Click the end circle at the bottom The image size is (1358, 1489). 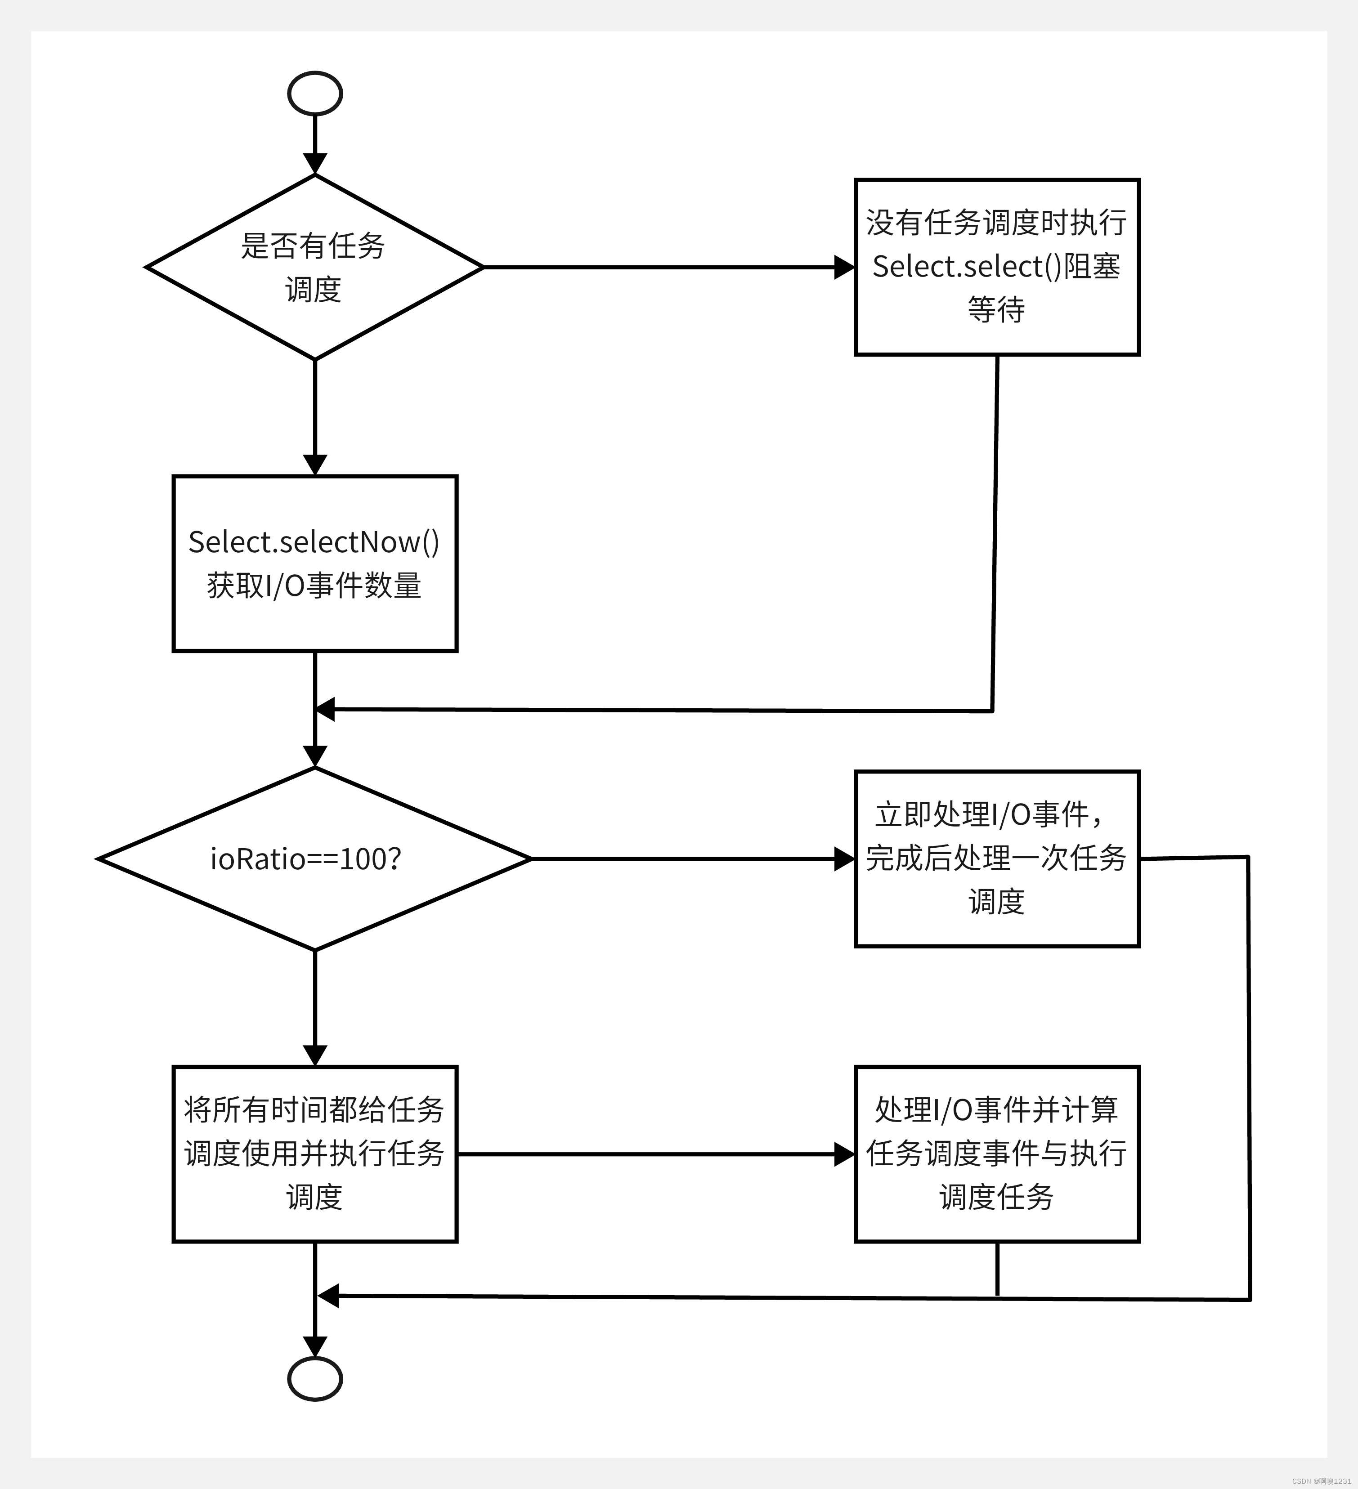(x=315, y=1379)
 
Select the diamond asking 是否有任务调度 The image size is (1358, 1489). (x=315, y=268)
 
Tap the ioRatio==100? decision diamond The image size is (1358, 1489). (x=315, y=859)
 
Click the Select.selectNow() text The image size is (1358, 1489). (x=314, y=542)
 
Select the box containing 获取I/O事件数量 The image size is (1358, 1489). (x=315, y=563)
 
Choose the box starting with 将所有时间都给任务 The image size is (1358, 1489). (x=315, y=1154)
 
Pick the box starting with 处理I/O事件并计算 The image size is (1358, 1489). (x=997, y=1154)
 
